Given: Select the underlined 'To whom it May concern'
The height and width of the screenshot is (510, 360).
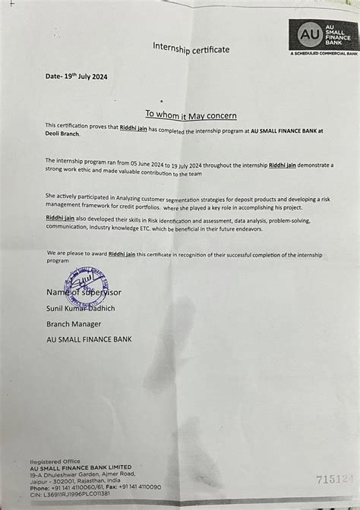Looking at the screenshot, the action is [191, 115].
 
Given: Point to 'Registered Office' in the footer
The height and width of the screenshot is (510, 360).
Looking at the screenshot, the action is [54, 461].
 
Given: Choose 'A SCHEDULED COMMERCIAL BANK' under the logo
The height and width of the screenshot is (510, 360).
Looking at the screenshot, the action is [325, 54].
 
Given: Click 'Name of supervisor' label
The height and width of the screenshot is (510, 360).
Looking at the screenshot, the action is [84, 292].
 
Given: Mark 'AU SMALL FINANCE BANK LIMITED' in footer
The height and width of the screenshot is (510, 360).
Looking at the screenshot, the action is [81, 467].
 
